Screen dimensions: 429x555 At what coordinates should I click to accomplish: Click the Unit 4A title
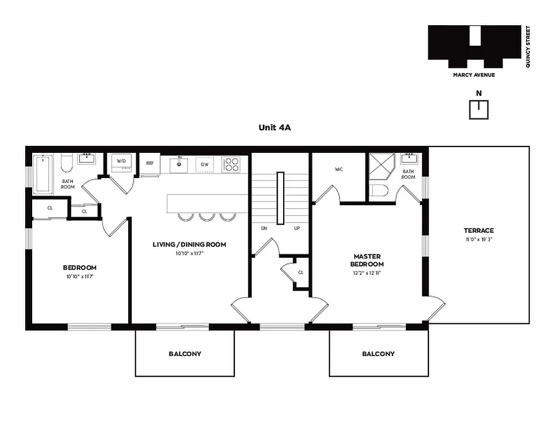point(274,128)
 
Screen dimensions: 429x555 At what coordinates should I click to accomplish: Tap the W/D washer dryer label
point(121,160)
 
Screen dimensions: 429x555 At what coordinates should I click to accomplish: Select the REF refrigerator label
point(150,164)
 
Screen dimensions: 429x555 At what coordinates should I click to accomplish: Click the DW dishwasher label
point(204,164)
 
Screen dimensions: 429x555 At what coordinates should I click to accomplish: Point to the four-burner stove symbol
point(231,164)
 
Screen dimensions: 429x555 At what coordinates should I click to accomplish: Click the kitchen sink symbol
point(179,165)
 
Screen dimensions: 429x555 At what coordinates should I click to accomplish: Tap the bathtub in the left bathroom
point(43,174)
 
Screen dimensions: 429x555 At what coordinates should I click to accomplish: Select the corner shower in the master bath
point(382,167)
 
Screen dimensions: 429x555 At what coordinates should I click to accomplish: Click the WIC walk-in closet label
point(338,169)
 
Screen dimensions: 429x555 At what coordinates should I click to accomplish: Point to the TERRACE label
point(478,231)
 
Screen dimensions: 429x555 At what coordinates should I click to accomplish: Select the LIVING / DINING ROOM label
point(189,245)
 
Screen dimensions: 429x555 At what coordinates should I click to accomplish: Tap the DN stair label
point(264,228)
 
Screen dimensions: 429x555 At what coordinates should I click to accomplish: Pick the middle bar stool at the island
point(207,217)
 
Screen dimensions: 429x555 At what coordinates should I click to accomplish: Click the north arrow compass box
point(479,110)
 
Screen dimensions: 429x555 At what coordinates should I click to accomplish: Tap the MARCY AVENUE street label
point(474,75)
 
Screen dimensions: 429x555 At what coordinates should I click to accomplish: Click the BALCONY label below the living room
point(185,354)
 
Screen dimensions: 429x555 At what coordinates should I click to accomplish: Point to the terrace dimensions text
point(478,240)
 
